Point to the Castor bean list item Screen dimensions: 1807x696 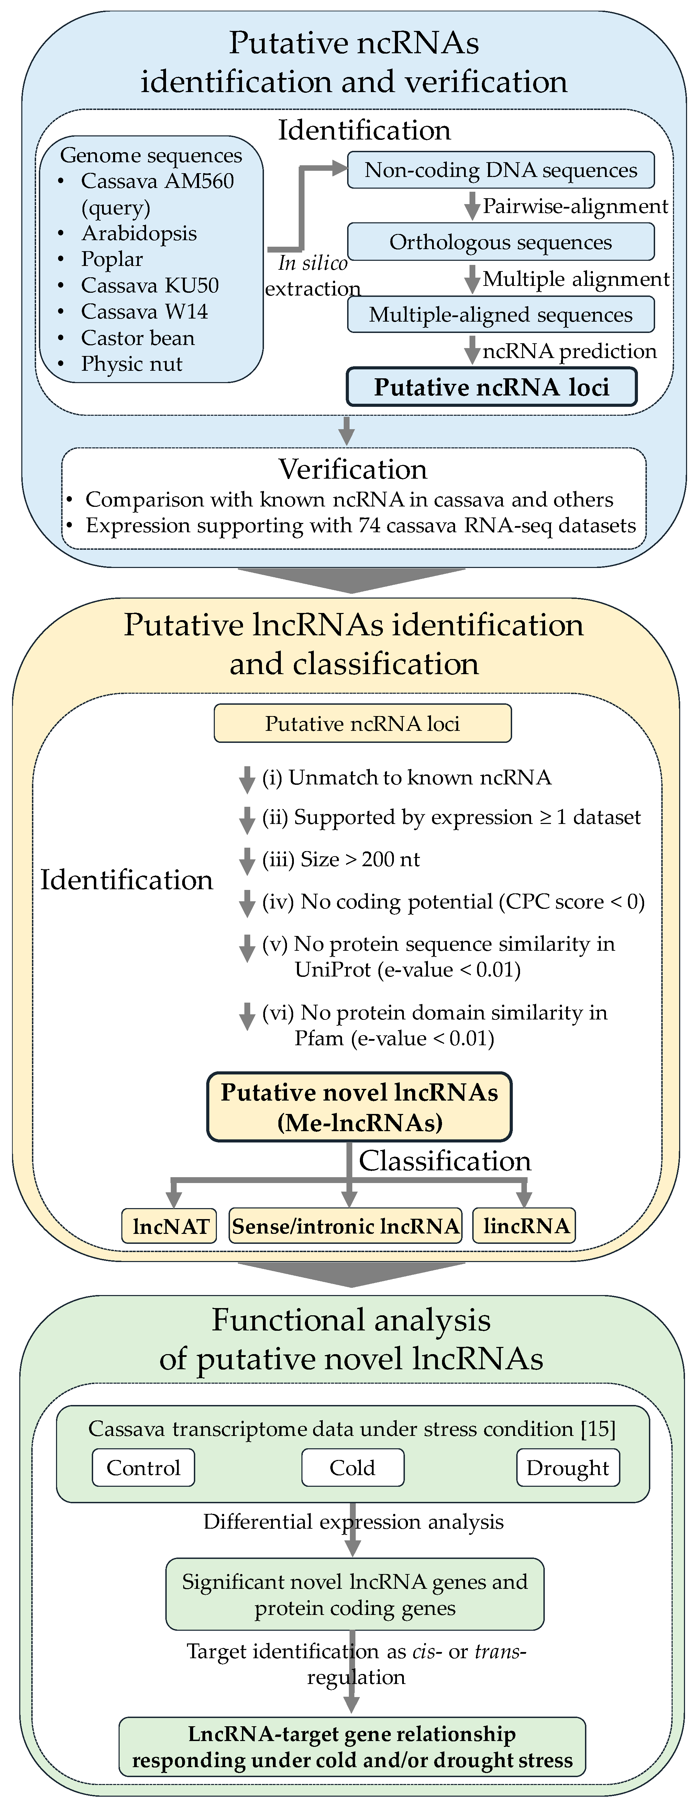point(137,338)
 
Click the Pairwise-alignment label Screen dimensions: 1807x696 point(575,206)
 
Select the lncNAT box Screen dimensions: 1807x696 point(170,1226)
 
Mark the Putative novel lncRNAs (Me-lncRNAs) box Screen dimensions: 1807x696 point(359,1107)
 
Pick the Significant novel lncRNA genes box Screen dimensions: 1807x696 point(354,1594)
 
